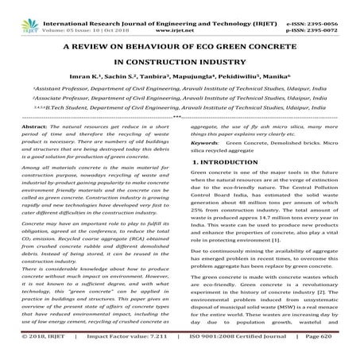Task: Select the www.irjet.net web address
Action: (180, 15)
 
